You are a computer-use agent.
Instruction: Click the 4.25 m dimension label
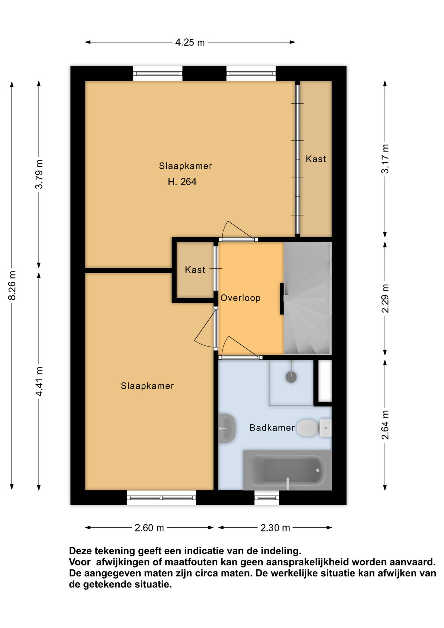pos(190,42)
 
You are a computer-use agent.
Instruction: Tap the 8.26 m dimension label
pos(12,285)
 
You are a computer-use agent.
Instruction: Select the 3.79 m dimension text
pos(39,174)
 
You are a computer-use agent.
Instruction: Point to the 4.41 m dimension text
pos(39,381)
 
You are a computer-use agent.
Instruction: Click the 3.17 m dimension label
pos(385,159)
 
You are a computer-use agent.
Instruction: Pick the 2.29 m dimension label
pos(385,298)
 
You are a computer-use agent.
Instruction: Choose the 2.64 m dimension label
pos(385,425)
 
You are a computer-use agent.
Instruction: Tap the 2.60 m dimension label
pos(149,528)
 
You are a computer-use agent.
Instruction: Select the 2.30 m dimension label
pos(275,528)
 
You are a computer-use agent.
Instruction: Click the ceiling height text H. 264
pos(182,182)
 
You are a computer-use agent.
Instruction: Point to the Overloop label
pos(240,298)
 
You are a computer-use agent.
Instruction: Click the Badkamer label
pos(272,428)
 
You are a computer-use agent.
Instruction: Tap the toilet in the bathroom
pos(314,428)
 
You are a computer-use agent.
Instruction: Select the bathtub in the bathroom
pos(288,470)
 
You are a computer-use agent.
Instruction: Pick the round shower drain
pos(291,377)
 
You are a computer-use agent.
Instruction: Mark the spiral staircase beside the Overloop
pos(308,298)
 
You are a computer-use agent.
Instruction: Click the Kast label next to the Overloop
pos(195,270)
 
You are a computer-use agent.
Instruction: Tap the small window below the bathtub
pos(267,497)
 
